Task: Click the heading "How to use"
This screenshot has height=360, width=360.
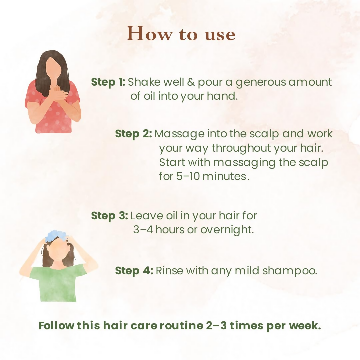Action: pos(181,34)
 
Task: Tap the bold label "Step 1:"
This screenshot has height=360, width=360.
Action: pos(108,82)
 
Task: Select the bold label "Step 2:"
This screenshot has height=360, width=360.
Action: pos(133,134)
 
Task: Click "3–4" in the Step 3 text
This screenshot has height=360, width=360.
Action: pos(143,230)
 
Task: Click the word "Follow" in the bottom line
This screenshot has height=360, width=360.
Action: pos(56,325)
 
